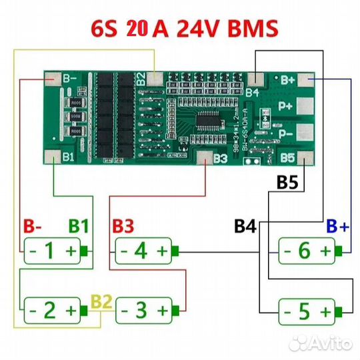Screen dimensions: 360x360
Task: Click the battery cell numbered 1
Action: pos(51,251)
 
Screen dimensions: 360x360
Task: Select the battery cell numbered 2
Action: pos(51,310)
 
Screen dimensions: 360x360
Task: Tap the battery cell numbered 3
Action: pos(143,310)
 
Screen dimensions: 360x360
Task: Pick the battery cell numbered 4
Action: pos(143,251)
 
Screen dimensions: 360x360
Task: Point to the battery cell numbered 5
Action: pos(305,310)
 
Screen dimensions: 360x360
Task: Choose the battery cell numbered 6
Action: pos(305,251)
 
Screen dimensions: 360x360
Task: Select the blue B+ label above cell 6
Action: pos(337,225)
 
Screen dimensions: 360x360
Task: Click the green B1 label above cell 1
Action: pos(79,225)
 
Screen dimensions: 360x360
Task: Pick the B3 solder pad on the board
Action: pos(203,157)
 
